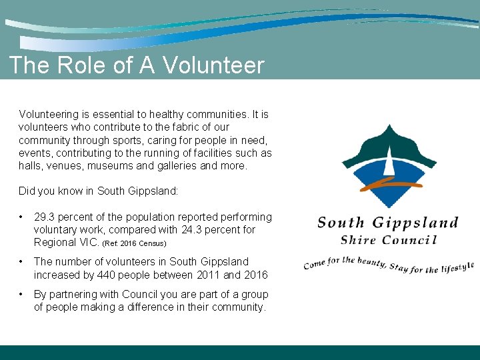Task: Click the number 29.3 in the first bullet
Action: click(x=45, y=217)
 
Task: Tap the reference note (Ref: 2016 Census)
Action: click(x=134, y=243)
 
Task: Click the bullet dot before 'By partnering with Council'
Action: click(x=23, y=294)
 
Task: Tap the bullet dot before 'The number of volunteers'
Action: click(x=23, y=261)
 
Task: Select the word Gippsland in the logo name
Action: click(x=415, y=223)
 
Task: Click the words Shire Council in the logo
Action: click(x=388, y=240)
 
